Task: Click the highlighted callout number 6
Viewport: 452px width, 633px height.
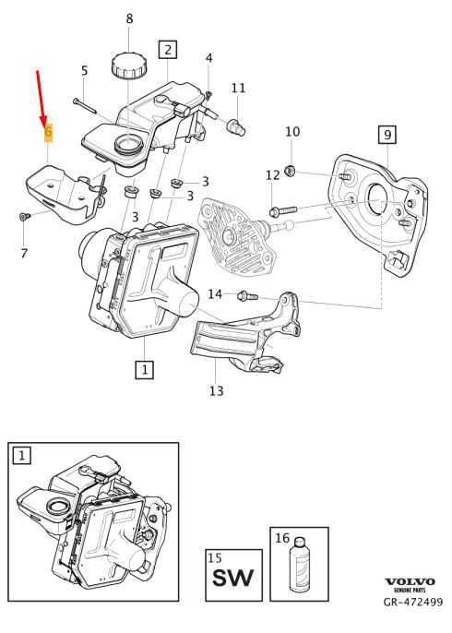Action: (x=48, y=132)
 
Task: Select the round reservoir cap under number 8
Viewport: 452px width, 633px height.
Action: (x=129, y=66)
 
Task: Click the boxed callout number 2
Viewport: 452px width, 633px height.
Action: (x=168, y=50)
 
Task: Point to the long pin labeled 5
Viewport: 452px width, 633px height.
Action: (x=85, y=105)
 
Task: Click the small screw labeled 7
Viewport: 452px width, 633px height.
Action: (x=25, y=217)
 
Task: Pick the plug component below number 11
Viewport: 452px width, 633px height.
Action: (x=237, y=126)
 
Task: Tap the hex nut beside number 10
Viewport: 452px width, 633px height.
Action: (x=290, y=172)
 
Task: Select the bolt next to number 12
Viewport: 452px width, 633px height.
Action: (x=283, y=210)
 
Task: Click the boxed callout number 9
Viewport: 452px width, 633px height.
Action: (x=387, y=135)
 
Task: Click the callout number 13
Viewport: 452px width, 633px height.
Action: (x=216, y=390)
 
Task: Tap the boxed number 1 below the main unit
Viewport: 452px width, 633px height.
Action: (x=144, y=369)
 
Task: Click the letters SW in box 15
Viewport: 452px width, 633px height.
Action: (x=233, y=577)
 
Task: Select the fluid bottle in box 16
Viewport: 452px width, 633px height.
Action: (x=299, y=565)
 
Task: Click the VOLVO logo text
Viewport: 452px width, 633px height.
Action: (x=410, y=581)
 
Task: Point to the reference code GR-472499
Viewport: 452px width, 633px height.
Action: (x=412, y=602)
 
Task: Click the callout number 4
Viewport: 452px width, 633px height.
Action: (x=208, y=58)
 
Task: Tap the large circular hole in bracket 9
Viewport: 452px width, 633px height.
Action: (x=379, y=200)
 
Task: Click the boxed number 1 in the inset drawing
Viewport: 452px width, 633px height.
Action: (x=22, y=456)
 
